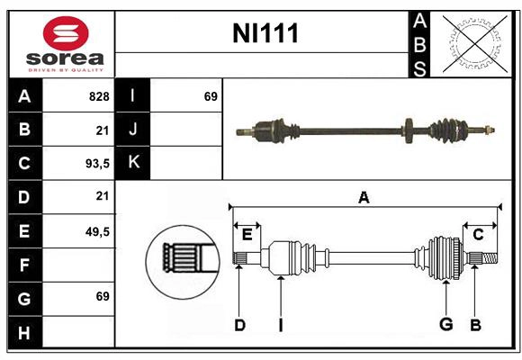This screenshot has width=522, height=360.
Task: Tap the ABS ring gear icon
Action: click(x=472, y=44)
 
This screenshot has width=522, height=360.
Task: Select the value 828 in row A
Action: click(x=98, y=96)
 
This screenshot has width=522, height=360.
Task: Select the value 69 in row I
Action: click(x=211, y=96)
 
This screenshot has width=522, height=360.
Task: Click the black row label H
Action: click(x=24, y=333)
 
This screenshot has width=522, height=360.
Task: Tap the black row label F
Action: click(x=24, y=265)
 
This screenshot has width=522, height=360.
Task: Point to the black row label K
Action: click(x=133, y=163)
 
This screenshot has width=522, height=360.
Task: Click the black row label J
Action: click(x=133, y=130)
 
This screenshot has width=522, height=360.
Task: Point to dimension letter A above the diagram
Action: click(x=364, y=197)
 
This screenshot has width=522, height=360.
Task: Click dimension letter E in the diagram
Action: click(x=247, y=235)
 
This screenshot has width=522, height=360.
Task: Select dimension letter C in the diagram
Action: click(x=478, y=235)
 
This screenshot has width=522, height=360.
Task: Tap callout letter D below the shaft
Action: click(x=239, y=325)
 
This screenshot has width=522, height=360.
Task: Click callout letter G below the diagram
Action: click(x=445, y=325)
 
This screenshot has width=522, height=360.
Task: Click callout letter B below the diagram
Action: click(x=475, y=325)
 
